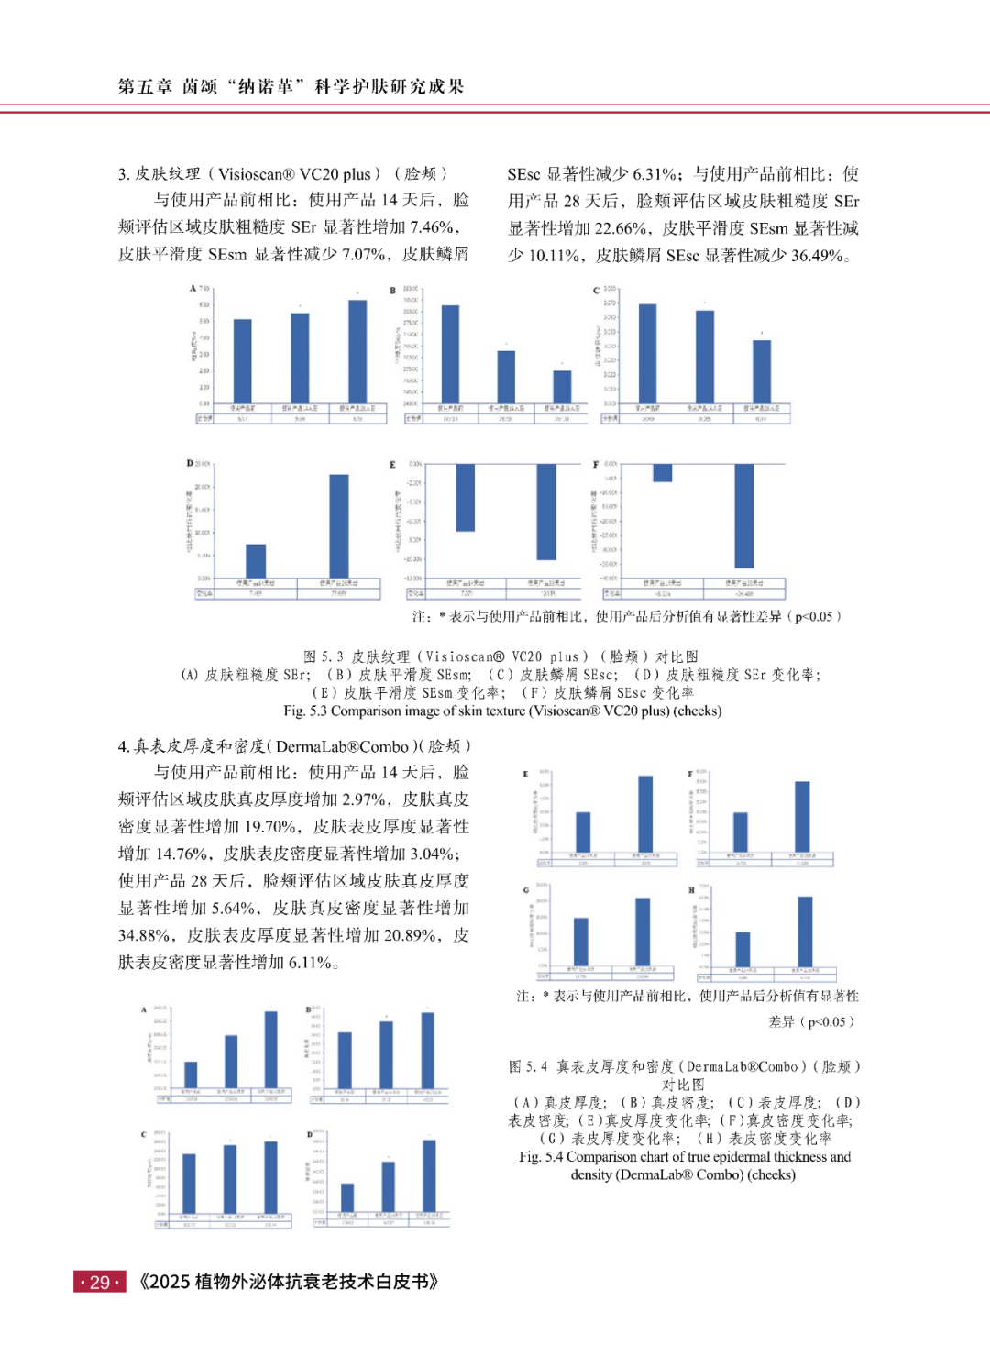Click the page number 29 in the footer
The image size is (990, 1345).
click(x=100, y=1282)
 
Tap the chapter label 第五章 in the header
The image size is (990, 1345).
click(x=145, y=86)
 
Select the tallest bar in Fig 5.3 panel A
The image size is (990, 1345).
click(x=357, y=351)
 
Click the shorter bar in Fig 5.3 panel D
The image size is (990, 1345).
click(x=256, y=560)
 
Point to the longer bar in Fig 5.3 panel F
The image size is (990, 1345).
click(x=744, y=515)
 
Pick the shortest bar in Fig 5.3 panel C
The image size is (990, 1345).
click(x=762, y=371)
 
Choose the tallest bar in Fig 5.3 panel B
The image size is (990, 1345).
click(x=450, y=353)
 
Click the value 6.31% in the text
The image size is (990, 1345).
click(x=656, y=174)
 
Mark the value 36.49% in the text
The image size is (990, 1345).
click(x=817, y=256)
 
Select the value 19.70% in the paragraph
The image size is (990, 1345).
click(x=269, y=827)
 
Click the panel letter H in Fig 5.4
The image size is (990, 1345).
click(x=691, y=890)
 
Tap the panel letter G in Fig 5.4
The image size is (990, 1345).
click(x=526, y=890)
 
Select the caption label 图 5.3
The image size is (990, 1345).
click(x=324, y=656)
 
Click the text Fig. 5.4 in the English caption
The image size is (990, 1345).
click(x=541, y=1157)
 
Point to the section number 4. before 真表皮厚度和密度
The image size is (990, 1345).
click(x=124, y=746)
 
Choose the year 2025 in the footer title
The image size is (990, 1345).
click(x=170, y=1282)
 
